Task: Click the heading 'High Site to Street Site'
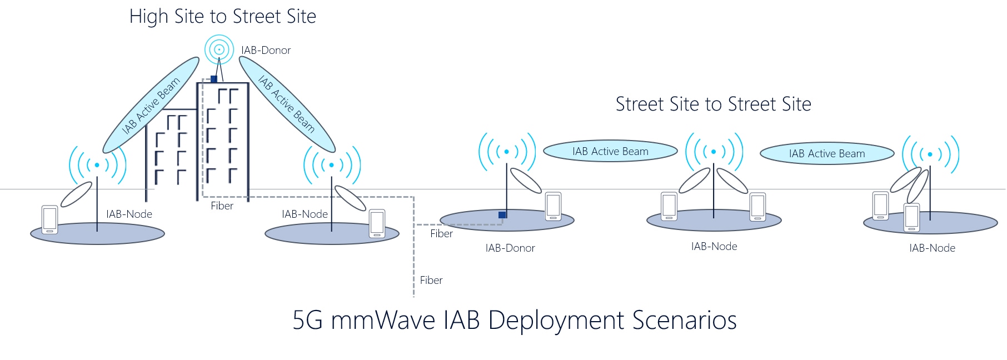[222, 17]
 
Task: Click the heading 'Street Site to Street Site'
[713, 104]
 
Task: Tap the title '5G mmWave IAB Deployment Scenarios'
[514, 321]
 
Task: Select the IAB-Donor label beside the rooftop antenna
[266, 51]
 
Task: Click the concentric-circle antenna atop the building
[219, 49]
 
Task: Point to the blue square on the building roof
[214, 79]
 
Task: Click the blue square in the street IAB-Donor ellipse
[502, 215]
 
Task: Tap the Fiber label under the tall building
[222, 206]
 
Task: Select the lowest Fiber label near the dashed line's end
[431, 281]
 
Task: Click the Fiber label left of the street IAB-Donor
[441, 234]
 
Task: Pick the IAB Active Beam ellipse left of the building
[151, 105]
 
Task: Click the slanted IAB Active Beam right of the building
[287, 104]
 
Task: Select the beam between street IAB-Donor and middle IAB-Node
[610, 151]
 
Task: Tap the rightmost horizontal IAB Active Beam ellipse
[827, 153]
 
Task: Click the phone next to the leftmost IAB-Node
[50, 219]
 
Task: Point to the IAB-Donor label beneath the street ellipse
[510, 248]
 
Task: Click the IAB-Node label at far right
[932, 248]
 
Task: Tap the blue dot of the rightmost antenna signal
[930, 154]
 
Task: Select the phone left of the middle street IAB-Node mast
[669, 206]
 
